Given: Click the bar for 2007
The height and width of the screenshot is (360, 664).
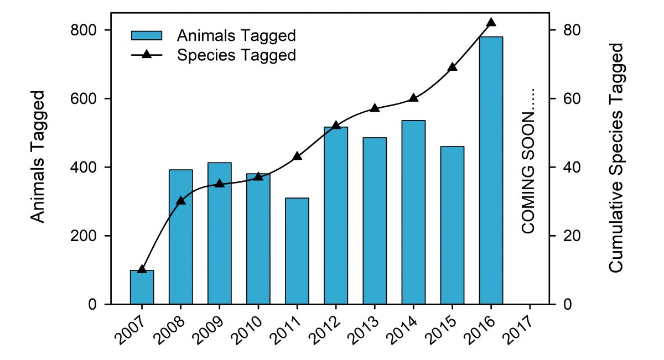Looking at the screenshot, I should (142, 287).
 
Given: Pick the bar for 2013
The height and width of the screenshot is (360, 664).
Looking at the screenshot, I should (375, 221).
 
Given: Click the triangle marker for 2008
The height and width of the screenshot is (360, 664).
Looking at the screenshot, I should (181, 200).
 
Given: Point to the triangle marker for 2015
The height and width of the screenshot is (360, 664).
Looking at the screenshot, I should (452, 67).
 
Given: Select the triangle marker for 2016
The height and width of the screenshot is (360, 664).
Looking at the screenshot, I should (491, 23).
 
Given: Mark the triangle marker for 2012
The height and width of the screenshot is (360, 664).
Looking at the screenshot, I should (336, 125).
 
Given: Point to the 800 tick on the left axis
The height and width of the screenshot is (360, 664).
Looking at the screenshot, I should (84, 30).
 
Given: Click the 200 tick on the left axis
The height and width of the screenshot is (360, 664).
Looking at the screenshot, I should (84, 236).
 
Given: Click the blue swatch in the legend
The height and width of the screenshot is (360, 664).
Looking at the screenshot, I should (146, 35).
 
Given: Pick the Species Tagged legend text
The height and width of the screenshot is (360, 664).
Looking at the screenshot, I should (236, 55).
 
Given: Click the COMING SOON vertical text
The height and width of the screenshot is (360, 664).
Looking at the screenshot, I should (529, 160).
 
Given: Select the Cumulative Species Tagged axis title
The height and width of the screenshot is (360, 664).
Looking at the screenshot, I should (616, 158).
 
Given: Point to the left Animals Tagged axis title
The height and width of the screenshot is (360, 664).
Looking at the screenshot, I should (37, 158).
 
